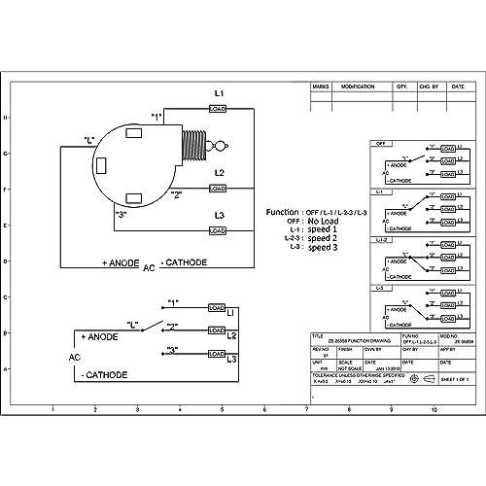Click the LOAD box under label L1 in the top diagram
218,109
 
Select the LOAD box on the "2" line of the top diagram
218,188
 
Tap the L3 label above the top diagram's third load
219,215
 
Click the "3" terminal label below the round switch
121,214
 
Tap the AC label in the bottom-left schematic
74,357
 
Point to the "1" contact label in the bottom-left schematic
174,303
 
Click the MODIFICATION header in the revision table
359,87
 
